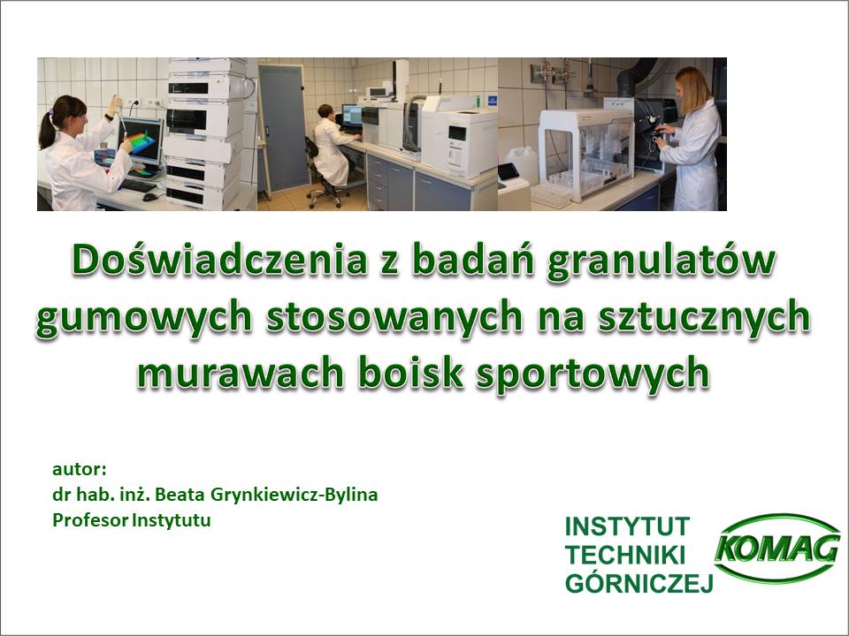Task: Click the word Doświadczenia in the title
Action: [218, 260]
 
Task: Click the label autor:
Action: [79, 469]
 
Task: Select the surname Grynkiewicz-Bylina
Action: [294, 495]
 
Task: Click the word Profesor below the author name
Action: [90, 520]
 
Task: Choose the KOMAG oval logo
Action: [777, 549]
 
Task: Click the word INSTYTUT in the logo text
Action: [628, 526]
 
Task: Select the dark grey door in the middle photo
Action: [283, 128]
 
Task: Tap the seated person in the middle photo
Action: [330, 146]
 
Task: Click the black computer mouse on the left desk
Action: [149, 197]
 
